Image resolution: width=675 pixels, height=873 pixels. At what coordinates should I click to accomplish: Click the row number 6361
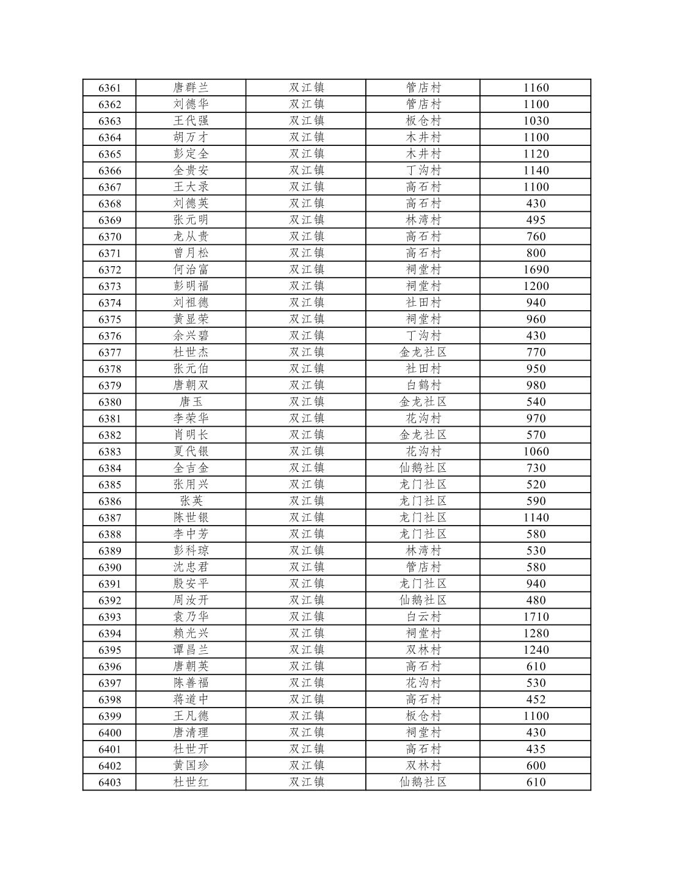(x=110, y=88)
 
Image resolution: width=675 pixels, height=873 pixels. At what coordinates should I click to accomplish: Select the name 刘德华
(x=191, y=104)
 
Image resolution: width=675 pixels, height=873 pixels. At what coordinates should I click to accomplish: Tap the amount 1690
(x=536, y=270)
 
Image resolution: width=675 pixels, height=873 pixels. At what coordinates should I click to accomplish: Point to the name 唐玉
(x=191, y=402)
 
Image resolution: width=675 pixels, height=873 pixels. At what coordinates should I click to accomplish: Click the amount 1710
(x=536, y=617)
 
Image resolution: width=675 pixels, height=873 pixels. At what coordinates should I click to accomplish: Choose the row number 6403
(x=110, y=782)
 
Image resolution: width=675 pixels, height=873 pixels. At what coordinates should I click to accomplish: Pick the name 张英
(x=191, y=501)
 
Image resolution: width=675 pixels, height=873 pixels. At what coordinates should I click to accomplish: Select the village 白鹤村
(x=423, y=385)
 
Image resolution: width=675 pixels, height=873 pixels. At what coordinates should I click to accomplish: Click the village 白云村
(x=423, y=617)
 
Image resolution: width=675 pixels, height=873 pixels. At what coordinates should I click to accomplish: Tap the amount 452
(x=536, y=700)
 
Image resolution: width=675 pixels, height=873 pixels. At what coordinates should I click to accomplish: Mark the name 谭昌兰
(x=191, y=650)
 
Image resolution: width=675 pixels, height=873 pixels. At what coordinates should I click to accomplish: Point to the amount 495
(x=536, y=220)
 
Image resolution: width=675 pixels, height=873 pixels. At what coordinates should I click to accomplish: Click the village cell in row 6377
(x=423, y=352)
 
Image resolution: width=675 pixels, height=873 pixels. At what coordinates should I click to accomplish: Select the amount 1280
(x=536, y=633)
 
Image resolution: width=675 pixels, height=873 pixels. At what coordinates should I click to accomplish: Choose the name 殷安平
(x=191, y=584)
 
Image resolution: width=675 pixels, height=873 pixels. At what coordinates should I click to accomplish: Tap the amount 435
(x=536, y=749)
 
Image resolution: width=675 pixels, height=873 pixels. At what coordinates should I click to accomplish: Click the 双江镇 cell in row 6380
(x=307, y=402)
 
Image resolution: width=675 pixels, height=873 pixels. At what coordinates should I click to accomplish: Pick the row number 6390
(x=110, y=567)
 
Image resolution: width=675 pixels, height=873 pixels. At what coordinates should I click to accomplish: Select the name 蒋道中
(x=191, y=700)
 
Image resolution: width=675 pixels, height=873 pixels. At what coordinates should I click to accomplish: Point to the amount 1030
(x=536, y=121)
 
